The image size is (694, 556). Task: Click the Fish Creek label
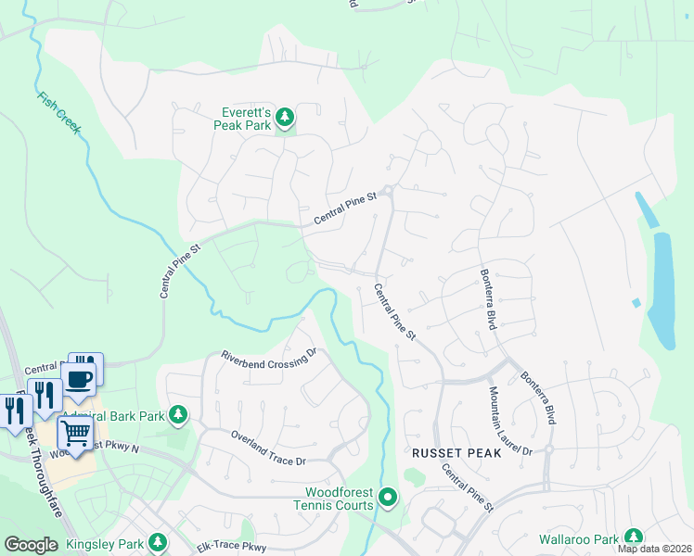[x=59, y=113]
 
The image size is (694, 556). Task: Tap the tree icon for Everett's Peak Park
[x=286, y=117]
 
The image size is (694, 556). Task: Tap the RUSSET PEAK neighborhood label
[x=456, y=454]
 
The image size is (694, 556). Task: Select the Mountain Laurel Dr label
[x=509, y=423]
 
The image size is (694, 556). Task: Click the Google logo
[x=32, y=545]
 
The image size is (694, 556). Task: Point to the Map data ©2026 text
[x=653, y=549]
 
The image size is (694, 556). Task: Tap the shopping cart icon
[x=75, y=432]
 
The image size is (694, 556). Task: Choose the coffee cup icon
[x=79, y=378]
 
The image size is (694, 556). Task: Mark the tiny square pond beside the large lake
[x=636, y=303]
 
